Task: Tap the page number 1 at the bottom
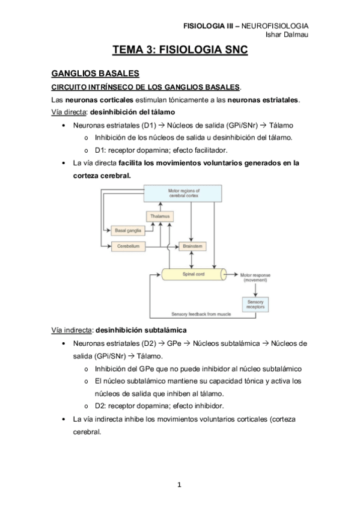[180, 484]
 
